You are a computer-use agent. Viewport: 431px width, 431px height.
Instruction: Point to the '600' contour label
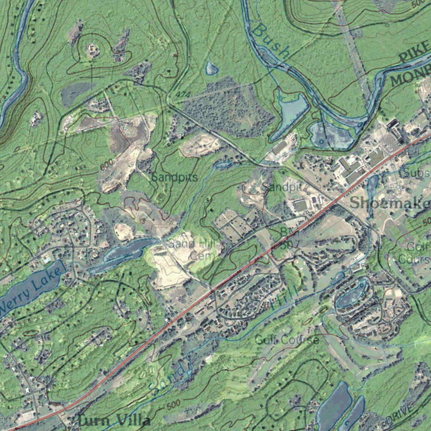tap(107, 165)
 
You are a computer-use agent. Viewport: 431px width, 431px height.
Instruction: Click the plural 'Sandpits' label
tap(174, 177)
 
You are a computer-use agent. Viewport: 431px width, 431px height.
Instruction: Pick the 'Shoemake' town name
tap(390, 202)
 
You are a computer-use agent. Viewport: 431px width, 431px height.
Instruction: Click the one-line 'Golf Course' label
tap(286, 340)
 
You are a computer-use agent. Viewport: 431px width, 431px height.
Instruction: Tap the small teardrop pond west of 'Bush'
tap(212, 68)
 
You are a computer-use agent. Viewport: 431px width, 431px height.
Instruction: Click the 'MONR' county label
tap(410, 75)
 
